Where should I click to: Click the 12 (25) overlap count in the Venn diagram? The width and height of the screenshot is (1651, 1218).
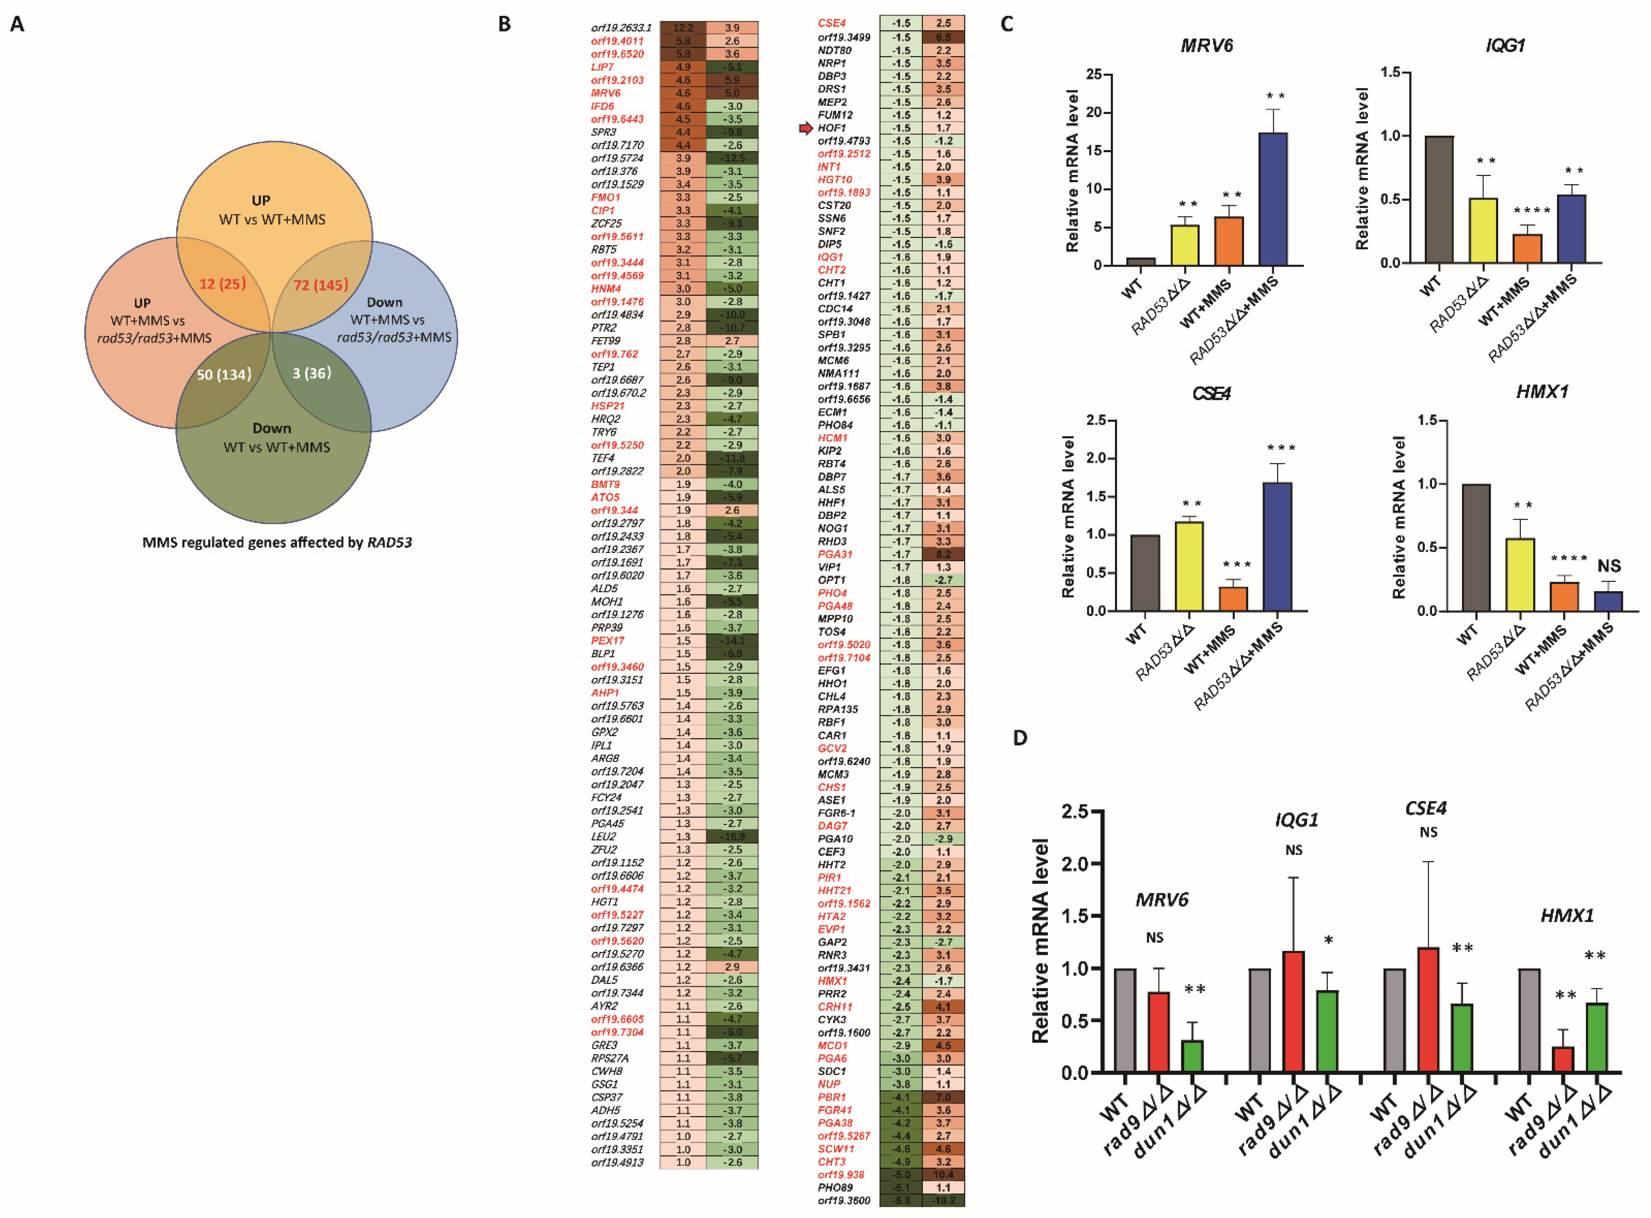[222, 284]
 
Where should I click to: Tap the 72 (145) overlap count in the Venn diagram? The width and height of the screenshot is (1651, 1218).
[321, 284]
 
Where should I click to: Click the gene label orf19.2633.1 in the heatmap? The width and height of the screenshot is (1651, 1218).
[621, 28]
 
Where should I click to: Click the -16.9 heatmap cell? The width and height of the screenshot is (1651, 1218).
[732, 837]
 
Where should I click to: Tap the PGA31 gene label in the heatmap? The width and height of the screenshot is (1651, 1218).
[835, 554]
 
